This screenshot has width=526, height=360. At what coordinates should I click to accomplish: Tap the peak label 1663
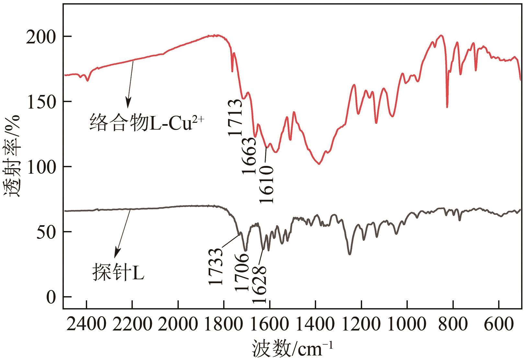(250, 156)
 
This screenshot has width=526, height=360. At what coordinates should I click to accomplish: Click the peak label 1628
(259, 284)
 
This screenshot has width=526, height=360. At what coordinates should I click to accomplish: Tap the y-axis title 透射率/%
(12, 156)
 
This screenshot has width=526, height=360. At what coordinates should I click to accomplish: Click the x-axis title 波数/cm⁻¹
(292, 349)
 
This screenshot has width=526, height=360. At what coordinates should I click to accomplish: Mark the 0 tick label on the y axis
(51, 297)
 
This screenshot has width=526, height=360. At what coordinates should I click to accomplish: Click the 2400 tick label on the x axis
(86, 324)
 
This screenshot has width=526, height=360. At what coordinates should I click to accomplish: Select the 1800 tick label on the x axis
(224, 324)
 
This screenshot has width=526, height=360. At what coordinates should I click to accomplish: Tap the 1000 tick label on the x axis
(406, 324)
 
